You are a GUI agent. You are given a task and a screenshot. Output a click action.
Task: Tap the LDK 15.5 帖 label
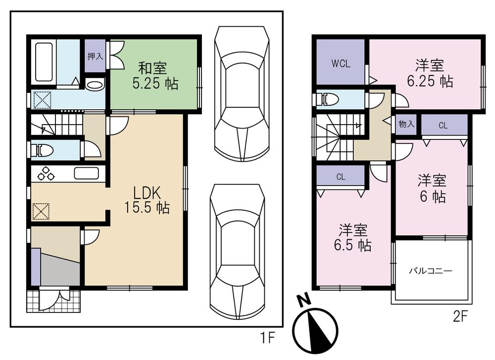147,200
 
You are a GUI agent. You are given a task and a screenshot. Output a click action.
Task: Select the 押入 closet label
95,56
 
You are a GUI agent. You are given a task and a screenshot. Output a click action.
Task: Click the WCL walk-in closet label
341,63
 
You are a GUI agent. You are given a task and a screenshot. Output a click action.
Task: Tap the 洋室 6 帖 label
432,188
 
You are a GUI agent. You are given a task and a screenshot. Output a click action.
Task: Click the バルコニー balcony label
431,271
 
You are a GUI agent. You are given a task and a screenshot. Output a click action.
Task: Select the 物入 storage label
406,124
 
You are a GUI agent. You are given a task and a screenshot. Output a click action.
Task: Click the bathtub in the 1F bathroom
44,62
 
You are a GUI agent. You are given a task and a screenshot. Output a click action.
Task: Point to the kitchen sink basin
87,174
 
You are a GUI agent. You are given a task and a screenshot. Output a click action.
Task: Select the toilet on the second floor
328,99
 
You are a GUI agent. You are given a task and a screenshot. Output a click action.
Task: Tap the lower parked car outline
237,251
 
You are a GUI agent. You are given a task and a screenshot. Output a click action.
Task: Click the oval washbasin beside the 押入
95,85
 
